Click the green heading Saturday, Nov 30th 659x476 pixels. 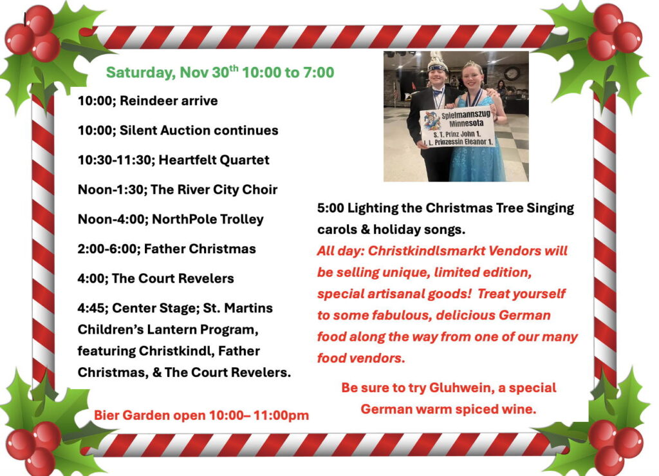tap(172, 72)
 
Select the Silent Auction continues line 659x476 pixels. tap(178, 130)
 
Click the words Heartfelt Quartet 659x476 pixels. tap(214, 160)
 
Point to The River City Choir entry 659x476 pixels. tap(214, 189)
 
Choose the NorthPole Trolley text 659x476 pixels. tap(208, 219)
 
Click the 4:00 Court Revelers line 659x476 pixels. tap(156, 278)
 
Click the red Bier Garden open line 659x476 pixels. tap(201, 415)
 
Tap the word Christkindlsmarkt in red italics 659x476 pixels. tap(422, 251)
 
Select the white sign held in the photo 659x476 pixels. tap(458, 127)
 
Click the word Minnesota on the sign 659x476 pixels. tap(466, 123)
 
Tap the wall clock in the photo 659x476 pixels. tap(512, 73)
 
